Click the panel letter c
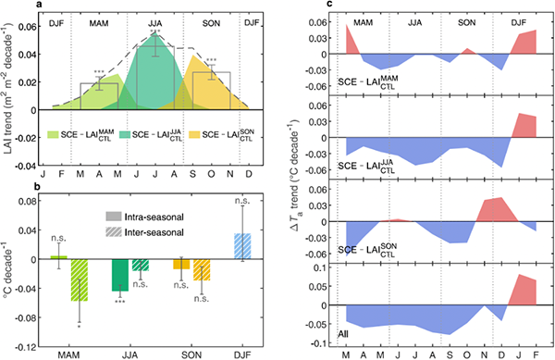click(329, 4)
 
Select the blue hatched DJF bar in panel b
click(242, 246)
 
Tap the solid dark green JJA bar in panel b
click(120, 275)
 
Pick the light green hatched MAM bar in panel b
click(80, 280)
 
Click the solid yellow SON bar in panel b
click(181, 264)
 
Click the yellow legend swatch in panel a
click(194, 135)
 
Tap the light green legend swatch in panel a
click(53, 135)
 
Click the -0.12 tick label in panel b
click(25, 347)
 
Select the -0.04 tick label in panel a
click(25, 166)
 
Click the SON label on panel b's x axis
click(191, 355)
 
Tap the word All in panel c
click(343, 334)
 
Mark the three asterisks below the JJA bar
click(120, 302)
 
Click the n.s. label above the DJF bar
click(242, 201)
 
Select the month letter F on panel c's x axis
click(536, 355)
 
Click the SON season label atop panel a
click(211, 24)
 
